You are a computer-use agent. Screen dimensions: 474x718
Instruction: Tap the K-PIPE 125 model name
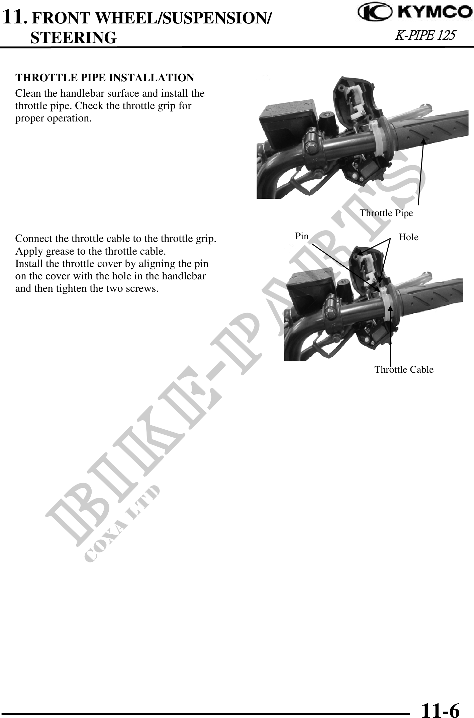pos(425,35)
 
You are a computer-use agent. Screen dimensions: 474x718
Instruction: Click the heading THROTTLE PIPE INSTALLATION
pos(105,78)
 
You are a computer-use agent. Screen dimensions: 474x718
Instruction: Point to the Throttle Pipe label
pos(386,213)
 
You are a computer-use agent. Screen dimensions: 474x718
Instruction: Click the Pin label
pos(302,236)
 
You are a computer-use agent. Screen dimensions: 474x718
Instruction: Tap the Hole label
pos(408,237)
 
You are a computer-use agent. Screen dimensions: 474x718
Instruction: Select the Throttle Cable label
pos(404,370)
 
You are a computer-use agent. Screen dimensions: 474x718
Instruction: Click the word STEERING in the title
pos(74,38)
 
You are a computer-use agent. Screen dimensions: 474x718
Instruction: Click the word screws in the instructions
pos(141,289)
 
